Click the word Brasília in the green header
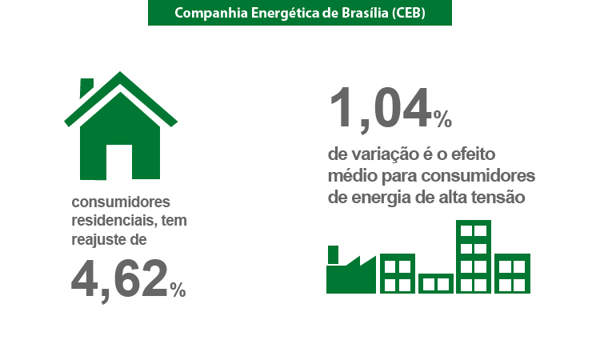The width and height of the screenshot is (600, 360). point(364,13)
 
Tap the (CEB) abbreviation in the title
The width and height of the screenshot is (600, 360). point(409,13)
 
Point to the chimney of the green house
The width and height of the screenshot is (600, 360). point(86,88)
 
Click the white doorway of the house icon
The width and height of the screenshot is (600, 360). point(119,162)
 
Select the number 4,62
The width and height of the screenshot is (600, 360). point(120,279)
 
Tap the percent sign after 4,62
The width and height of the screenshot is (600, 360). point(178,290)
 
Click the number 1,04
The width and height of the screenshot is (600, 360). point(380,108)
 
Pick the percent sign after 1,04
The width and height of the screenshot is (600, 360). point(442,119)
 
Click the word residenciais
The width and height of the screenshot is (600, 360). point(114,221)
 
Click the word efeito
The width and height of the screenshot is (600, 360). point(474,154)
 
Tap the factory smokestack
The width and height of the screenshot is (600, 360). point(333,254)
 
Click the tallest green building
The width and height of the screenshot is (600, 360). point(474,257)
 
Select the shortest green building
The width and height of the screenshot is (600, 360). point(436,283)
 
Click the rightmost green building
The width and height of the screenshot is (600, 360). point(512,274)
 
